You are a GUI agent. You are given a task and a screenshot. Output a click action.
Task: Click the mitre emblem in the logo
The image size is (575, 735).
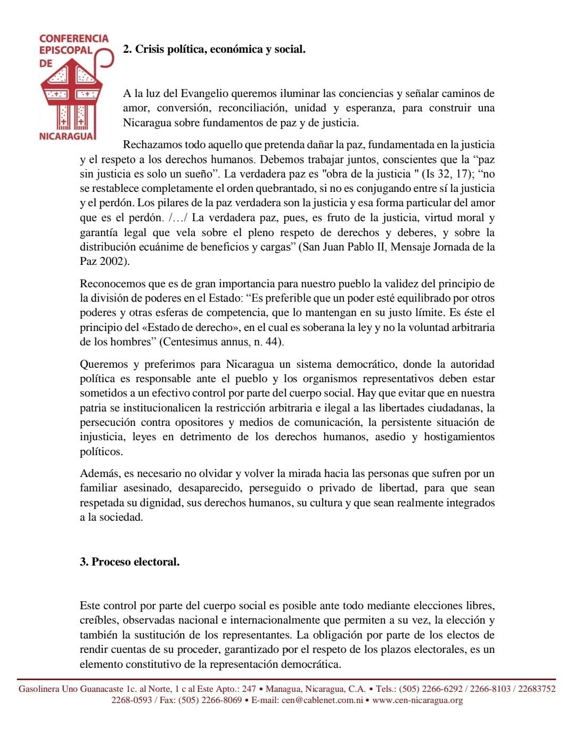pyautogui.click(x=71, y=94)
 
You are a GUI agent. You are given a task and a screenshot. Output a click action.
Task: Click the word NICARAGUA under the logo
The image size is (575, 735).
pyautogui.click(x=68, y=135)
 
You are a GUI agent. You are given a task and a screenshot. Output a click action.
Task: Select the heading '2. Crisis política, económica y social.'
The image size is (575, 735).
pyautogui.click(x=214, y=50)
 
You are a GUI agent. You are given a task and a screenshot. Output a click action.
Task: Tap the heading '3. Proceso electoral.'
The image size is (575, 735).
pyautogui.click(x=129, y=562)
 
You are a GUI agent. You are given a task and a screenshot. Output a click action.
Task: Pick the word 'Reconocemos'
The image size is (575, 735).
pyautogui.click(x=110, y=284)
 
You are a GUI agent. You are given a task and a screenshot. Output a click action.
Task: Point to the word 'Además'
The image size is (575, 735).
pyautogui.click(x=98, y=474)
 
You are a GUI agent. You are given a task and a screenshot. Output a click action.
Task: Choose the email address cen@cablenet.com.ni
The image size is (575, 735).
pyautogui.click(x=322, y=700)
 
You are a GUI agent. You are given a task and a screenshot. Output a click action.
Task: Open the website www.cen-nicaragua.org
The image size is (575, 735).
pyautogui.click(x=417, y=700)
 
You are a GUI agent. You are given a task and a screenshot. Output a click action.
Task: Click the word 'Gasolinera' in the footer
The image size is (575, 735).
pyautogui.click(x=39, y=689)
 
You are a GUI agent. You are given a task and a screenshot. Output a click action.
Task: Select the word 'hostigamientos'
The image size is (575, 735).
pyautogui.click(x=459, y=437)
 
